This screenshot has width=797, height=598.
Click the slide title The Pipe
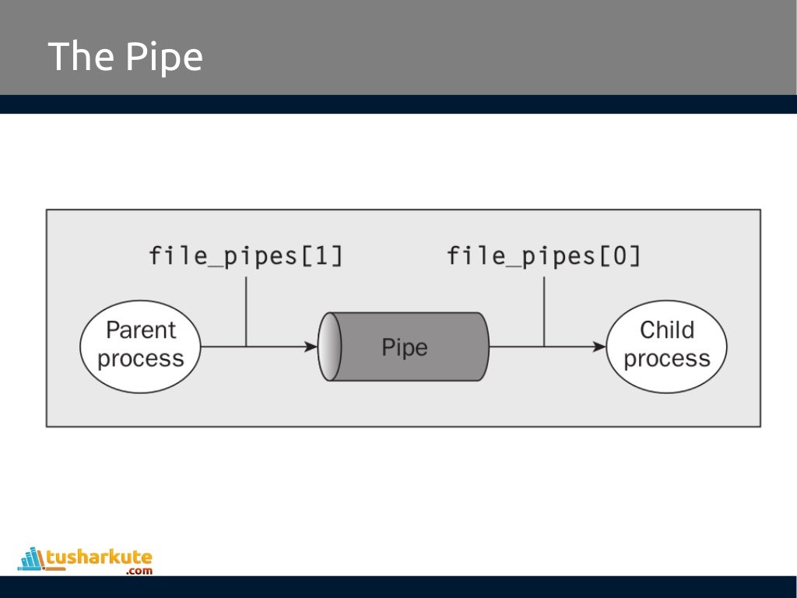tap(125, 57)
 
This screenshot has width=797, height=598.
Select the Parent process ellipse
tap(140, 346)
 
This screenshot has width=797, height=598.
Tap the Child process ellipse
tap(666, 346)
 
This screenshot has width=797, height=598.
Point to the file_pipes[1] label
tap(245, 256)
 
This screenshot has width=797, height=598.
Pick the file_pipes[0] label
tap(543, 256)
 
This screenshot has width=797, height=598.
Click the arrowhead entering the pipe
tap(311, 346)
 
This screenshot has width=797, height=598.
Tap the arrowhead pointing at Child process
tap(599, 346)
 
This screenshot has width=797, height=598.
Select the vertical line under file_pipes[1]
tap(246, 311)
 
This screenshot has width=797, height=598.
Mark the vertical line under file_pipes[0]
tap(544, 311)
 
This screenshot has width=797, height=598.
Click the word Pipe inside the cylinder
tap(404, 347)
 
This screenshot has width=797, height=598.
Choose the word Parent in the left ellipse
tap(141, 330)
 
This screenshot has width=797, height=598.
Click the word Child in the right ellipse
tap(666, 330)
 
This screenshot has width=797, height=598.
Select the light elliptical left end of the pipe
tap(330, 346)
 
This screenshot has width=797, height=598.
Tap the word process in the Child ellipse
tap(667, 359)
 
